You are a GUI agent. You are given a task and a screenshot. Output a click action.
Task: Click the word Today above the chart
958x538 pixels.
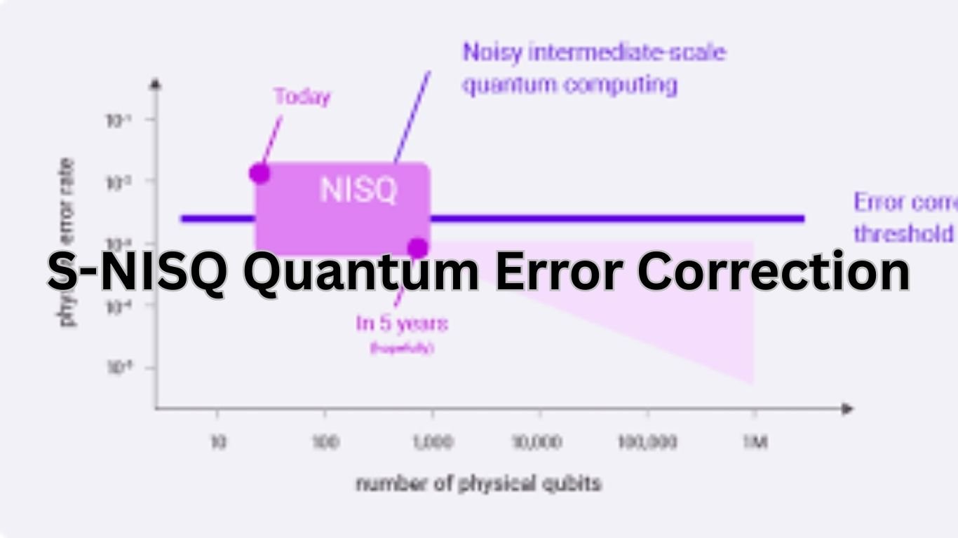coord(302,97)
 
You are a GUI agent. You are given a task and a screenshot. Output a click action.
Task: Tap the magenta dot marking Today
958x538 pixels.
coord(259,173)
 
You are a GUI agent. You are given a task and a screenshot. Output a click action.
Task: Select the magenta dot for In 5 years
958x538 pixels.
coord(418,248)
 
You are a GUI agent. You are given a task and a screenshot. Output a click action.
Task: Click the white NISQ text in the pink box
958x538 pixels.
coord(358,190)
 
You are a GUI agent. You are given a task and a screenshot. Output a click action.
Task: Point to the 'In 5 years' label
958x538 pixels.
coord(402,324)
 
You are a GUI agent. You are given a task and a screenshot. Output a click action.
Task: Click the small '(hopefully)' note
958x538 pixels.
coord(402,347)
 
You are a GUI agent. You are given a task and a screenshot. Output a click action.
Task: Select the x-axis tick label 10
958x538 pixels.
coord(218,443)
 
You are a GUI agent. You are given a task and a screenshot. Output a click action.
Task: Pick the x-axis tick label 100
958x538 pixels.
coord(325,443)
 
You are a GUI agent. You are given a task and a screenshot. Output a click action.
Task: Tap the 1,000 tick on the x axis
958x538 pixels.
coord(432,443)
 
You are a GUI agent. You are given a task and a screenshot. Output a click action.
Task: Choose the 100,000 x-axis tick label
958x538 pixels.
coord(647,443)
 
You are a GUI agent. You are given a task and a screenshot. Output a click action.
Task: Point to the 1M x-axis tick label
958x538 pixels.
coord(755,443)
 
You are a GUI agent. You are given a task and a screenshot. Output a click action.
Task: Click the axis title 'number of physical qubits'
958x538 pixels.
coord(478,483)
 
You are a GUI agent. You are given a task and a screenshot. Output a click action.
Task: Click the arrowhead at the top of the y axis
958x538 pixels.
coord(156,85)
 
